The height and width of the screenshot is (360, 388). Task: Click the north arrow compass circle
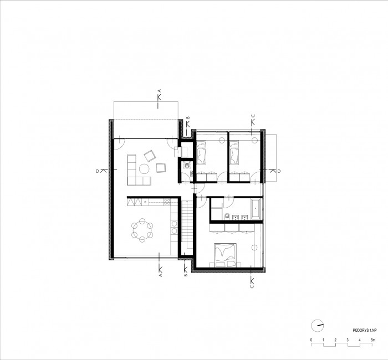[x=316, y=325]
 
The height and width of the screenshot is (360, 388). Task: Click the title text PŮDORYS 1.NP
[x=363, y=328]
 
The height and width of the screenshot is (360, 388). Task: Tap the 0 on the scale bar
[x=312, y=339]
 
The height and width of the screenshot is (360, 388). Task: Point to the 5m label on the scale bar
[x=374, y=339]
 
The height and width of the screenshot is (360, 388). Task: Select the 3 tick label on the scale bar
[x=348, y=339]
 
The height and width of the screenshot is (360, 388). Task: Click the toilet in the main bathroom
[x=228, y=215]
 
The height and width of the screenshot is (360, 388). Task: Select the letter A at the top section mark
[x=159, y=90]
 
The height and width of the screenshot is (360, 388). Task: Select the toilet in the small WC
[x=187, y=164]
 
